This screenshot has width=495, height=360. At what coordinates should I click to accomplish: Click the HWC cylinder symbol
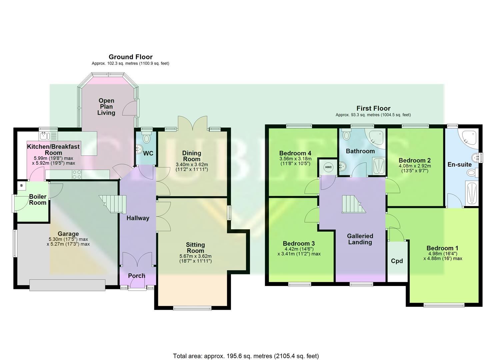coord(328,167)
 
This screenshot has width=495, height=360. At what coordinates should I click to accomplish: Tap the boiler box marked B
coord(22,185)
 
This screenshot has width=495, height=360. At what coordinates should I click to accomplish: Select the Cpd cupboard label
coord(397,261)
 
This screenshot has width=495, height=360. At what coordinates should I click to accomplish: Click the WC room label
coord(148,153)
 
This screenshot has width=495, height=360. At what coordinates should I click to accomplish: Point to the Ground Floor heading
coord(130,57)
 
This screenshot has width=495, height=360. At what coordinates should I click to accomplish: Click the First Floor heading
coord(373,108)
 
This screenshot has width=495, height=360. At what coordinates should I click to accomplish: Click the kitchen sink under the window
coord(44,136)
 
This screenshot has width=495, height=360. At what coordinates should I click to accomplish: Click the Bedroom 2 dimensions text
coord(414,168)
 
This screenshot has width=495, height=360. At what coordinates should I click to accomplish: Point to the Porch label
coord(137,276)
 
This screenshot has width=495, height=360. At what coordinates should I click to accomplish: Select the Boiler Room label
coord(38,199)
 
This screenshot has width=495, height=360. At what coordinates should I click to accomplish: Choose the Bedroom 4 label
coord(295,153)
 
